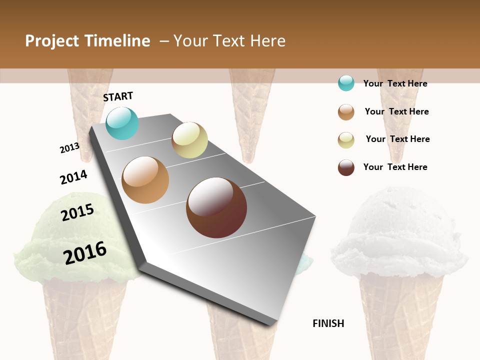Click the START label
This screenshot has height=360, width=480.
click(x=118, y=96)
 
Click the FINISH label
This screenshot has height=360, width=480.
click(x=328, y=323)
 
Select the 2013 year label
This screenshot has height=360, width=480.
click(x=69, y=148)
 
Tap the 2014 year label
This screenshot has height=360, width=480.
click(x=73, y=177)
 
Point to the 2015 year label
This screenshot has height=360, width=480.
click(x=77, y=212)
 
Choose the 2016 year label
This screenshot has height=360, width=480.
click(x=85, y=253)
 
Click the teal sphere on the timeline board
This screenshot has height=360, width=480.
click(x=122, y=123)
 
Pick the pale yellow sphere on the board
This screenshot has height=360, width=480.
click(x=189, y=140)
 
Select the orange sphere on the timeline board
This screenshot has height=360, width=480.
click(x=145, y=180)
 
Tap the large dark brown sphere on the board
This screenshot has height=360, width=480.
click(x=216, y=207)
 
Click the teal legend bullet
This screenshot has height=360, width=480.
click(x=346, y=83)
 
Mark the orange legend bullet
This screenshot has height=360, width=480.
click(x=346, y=112)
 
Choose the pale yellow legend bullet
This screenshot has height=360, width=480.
click(x=346, y=140)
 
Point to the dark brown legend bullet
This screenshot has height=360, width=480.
click(x=346, y=167)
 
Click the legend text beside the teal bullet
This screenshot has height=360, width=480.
click(x=395, y=83)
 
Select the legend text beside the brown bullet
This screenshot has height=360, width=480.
click(x=395, y=167)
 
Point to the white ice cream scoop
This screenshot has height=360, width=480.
click(x=400, y=230)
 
